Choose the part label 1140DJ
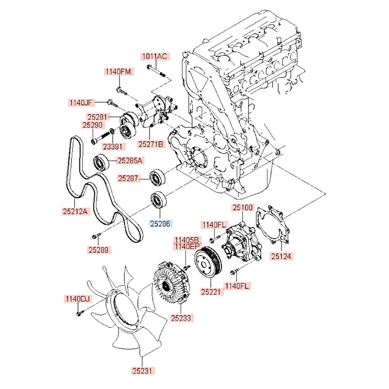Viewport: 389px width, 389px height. click(x=77, y=299)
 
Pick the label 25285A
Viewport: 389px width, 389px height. click(x=130, y=160)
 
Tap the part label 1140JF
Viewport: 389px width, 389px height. click(x=81, y=103)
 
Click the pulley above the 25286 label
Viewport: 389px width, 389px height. click(x=158, y=200)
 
